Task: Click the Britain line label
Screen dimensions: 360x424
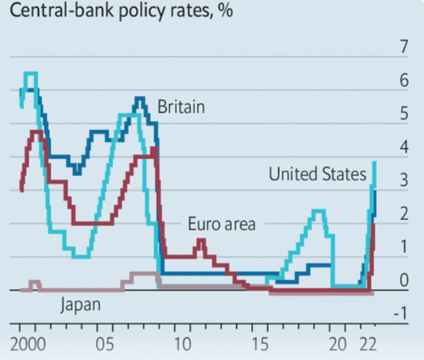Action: pyautogui.click(x=181, y=107)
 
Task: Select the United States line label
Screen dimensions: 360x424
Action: pyautogui.click(x=318, y=174)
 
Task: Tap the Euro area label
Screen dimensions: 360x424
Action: pyautogui.click(x=221, y=223)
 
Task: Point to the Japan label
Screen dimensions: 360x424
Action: pyautogui.click(x=81, y=304)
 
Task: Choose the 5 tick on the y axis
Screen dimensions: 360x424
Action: pyautogui.click(x=403, y=114)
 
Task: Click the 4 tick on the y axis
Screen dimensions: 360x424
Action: pyautogui.click(x=403, y=148)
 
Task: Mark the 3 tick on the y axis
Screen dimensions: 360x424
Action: pyautogui.click(x=403, y=181)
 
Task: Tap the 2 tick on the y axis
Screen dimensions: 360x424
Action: pyautogui.click(x=403, y=214)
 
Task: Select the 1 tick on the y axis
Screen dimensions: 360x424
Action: pyautogui.click(x=403, y=247)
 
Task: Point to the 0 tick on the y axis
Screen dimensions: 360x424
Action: pyautogui.click(x=403, y=281)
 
